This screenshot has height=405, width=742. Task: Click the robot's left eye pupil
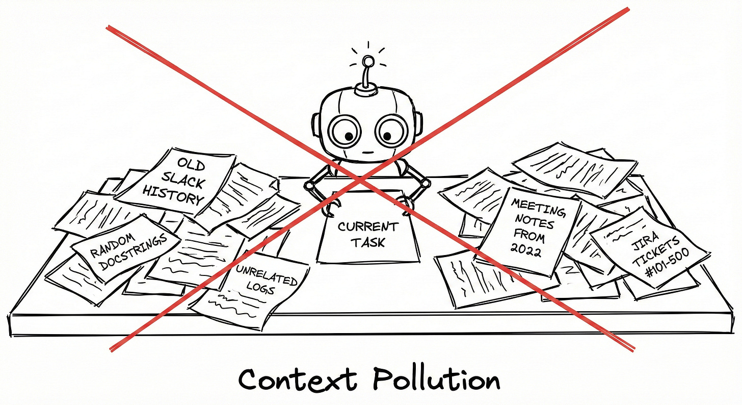[349, 136]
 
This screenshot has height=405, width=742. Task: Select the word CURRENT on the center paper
[367, 226]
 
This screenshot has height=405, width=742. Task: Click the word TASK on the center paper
[367, 242]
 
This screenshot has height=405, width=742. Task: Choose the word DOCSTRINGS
[134, 248]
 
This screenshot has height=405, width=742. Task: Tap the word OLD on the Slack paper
[192, 165]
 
